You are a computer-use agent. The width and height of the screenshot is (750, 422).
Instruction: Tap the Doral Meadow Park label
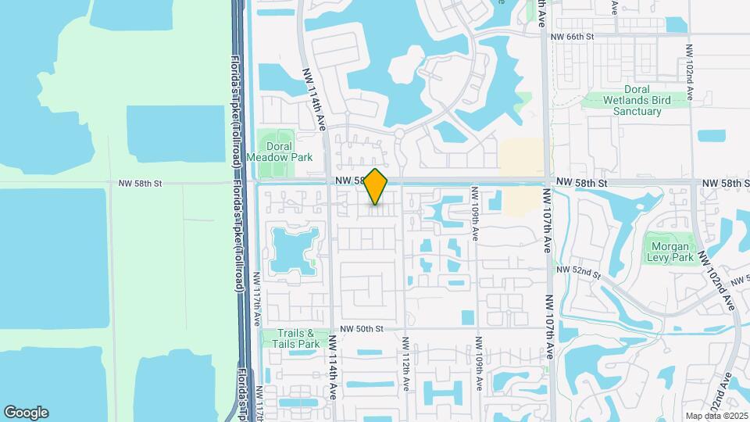[279, 152]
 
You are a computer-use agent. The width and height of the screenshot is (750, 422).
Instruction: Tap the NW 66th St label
[573, 37]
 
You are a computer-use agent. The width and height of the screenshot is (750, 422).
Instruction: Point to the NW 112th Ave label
[405, 365]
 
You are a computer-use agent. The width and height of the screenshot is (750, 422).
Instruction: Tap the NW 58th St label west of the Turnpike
[140, 184]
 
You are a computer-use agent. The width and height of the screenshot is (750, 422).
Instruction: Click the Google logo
[26, 413]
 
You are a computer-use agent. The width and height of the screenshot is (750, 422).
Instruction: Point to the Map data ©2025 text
[716, 416]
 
